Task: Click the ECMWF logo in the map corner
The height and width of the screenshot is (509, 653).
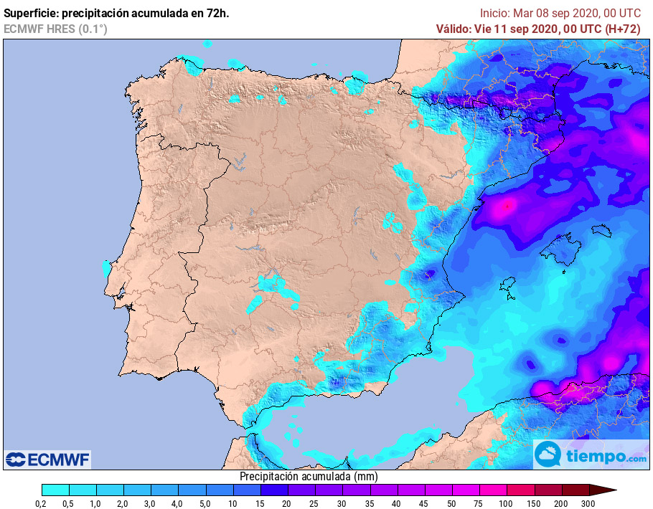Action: pyautogui.click(x=48, y=460)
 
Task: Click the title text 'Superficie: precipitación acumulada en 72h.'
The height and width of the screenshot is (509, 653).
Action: pyautogui.click(x=116, y=13)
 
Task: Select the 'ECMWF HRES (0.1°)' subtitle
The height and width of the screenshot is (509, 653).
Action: pyautogui.click(x=55, y=29)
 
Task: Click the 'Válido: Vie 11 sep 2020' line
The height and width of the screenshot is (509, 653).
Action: pyautogui.click(x=538, y=29)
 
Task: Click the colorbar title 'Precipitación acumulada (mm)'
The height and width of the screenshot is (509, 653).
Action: pyautogui.click(x=309, y=476)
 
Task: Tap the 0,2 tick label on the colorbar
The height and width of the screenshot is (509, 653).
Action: pyautogui.click(x=42, y=504)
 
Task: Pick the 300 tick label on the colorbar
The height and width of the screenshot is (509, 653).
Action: pyautogui.click(x=588, y=504)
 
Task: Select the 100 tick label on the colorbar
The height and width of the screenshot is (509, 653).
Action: pyautogui.click(x=507, y=504)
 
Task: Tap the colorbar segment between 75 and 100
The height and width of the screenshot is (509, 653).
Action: pyautogui.click(x=493, y=490)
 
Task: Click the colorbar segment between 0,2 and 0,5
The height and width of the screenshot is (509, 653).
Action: pyautogui.click(x=55, y=490)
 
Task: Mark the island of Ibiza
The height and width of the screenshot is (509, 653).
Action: pyautogui.click(x=507, y=287)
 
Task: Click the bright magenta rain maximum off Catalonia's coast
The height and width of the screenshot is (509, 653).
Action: pyautogui.click(x=507, y=206)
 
